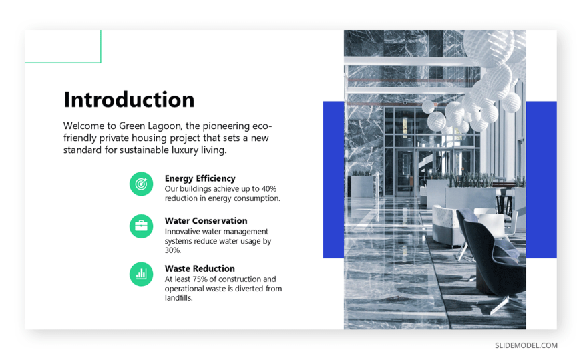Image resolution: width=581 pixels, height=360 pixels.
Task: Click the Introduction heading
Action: (129, 100)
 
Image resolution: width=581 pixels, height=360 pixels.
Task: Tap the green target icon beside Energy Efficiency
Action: (141, 184)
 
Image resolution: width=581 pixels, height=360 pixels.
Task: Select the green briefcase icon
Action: (141, 226)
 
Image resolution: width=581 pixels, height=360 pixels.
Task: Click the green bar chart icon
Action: (141, 274)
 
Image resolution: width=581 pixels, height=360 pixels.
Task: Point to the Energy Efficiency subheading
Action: (200, 179)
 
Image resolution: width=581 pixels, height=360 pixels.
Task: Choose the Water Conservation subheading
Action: (206, 221)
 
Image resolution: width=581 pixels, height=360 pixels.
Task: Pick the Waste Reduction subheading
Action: (200, 268)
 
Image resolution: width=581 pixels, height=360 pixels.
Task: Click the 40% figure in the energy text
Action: (269, 189)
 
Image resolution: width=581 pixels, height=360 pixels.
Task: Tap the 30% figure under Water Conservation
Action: (173, 250)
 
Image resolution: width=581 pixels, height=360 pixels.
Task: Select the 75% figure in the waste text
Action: (200, 279)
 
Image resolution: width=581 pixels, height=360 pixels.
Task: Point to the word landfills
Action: (178, 298)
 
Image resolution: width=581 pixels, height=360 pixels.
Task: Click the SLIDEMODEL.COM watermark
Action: (526, 345)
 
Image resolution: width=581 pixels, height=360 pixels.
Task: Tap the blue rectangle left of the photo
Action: (333, 180)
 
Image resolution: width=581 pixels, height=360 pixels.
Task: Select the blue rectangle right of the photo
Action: (542, 180)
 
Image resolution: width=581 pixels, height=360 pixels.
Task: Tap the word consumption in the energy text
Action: (257, 198)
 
